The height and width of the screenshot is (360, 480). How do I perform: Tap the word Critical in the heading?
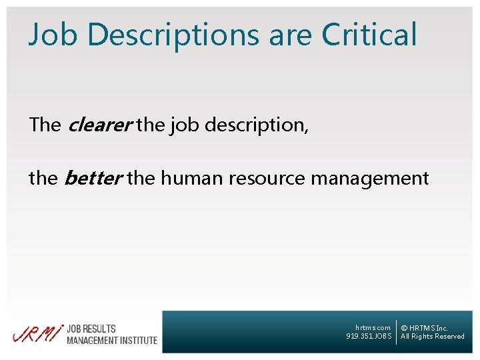(369, 35)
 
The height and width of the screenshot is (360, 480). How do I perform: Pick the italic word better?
(92, 179)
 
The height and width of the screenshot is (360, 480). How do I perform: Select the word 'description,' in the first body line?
(257, 125)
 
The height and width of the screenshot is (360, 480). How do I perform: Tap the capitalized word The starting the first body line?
(45, 125)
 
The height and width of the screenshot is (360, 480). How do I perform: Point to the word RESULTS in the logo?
(101, 329)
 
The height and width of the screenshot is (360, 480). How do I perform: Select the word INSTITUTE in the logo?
(139, 340)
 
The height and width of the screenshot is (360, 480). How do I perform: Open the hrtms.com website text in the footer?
(373, 327)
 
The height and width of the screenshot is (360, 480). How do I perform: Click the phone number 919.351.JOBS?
(369, 336)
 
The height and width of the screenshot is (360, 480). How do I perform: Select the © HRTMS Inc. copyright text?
(425, 328)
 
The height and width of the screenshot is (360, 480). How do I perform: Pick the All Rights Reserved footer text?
(432, 336)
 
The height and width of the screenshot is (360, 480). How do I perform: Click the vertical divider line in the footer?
(397, 332)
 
